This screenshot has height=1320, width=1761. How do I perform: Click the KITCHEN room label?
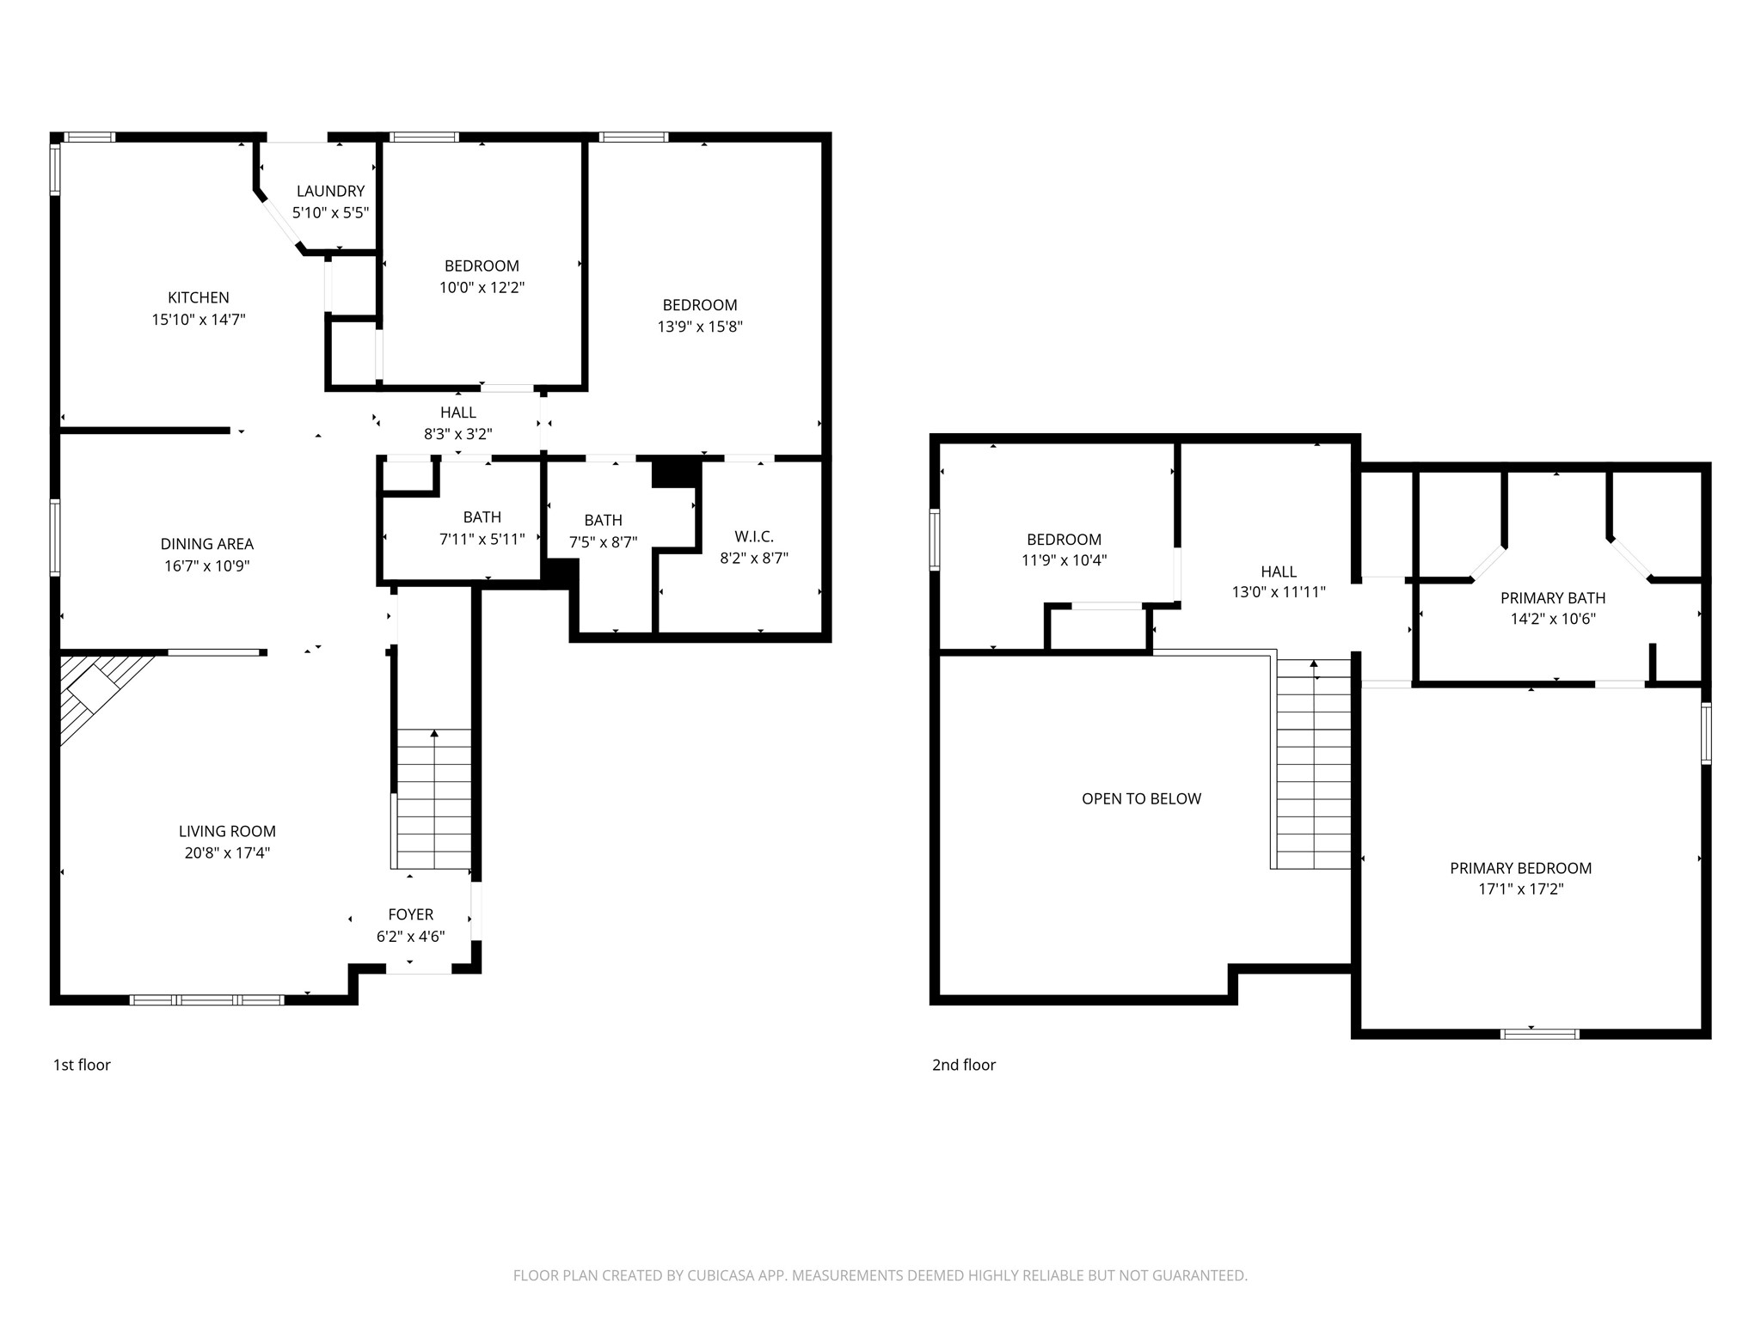[x=199, y=297]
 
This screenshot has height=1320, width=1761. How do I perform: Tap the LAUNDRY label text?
[x=331, y=191]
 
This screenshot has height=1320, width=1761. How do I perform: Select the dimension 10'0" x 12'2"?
[x=482, y=288]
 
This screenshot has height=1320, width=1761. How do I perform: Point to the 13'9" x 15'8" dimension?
[x=700, y=327]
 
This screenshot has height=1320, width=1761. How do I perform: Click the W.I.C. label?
[x=754, y=536]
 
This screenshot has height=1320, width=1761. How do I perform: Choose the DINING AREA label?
[x=207, y=544]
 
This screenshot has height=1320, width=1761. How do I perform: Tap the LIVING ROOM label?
[x=227, y=831]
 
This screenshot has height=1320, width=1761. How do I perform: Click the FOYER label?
[x=411, y=914]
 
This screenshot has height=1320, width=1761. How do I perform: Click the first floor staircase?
[x=433, y=799]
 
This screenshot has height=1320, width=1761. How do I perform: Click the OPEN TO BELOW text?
[x=1141, y=798]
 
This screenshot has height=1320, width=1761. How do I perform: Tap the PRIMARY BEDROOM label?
[x=1520, y=868]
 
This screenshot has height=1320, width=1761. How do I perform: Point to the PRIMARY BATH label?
[x=1553, y=598]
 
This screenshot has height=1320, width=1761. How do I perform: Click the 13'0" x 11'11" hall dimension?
[x=1279, y=592]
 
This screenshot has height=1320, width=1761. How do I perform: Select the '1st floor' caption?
[x=82, y=1065]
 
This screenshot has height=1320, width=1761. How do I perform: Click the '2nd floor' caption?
[x=964, y=1065]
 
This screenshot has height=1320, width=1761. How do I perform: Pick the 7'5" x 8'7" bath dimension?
[x=603, y=542]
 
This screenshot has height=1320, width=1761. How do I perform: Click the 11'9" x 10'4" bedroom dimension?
[x=1064, y=560]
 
